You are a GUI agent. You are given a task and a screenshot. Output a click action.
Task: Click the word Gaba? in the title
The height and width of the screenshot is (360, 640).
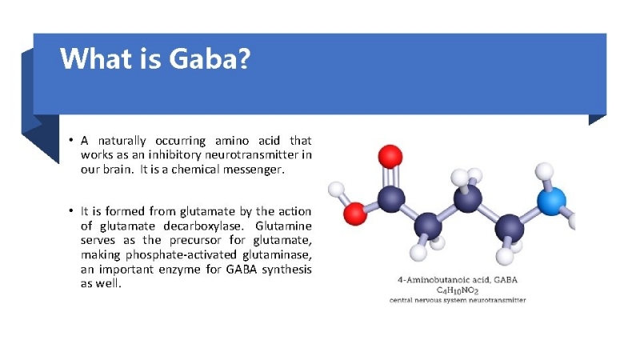pos(210,58)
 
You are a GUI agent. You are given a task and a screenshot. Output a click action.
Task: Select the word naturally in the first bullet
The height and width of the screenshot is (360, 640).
pos(122,142)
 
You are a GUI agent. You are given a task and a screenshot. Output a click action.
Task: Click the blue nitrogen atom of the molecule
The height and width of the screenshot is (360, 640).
pos(551,202)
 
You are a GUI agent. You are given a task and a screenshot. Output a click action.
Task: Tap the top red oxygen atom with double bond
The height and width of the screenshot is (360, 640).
pos(390,157)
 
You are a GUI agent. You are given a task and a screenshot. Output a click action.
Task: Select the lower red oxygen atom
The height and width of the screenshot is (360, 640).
pos(354,214)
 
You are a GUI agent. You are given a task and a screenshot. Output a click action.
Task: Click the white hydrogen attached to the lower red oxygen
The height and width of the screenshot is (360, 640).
pos(336,190)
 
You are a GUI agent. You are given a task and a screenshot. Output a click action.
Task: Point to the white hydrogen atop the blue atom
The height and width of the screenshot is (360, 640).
pos(544,171)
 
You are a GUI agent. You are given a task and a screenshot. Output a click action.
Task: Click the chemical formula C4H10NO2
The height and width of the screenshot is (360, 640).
pos(457,290)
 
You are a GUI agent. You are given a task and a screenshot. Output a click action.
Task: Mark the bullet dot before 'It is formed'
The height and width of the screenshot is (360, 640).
pos(71,211)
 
